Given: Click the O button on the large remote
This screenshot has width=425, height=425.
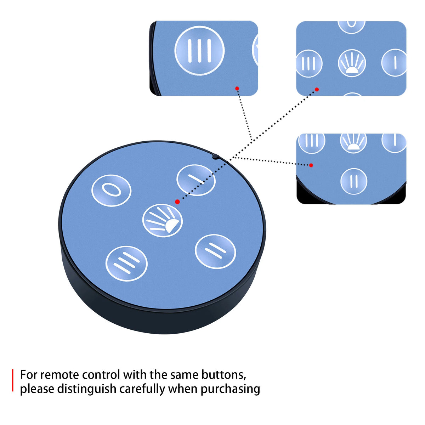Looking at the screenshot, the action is (x=111, y=191).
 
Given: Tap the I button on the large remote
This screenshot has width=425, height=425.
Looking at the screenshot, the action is (x=196, y=180).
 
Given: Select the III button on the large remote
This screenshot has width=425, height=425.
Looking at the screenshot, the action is (x=126, y=263).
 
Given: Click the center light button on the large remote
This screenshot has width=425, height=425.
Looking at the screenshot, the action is (x=163, y=221).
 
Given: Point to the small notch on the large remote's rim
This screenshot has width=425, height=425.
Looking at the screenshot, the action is (x=215, y=157).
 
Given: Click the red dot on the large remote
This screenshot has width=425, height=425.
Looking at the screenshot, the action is (x=177, y=202).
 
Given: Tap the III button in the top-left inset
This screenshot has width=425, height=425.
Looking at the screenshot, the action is (x=200, y=51).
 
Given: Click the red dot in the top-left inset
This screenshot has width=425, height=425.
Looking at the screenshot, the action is (x=237, y=89).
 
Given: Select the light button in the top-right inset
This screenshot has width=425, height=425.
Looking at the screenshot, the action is (x=352, y=63).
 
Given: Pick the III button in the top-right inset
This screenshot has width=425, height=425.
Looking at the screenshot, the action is (x=309, y=63).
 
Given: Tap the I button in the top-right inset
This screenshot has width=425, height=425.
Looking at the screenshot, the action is (x=394, y=63).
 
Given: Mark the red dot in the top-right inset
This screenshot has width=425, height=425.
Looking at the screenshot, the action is (x=317, y=89).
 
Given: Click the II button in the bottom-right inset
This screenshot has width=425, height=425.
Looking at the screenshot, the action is (x=354, y=181).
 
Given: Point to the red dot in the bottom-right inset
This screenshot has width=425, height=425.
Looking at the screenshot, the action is (x=311, y=165).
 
